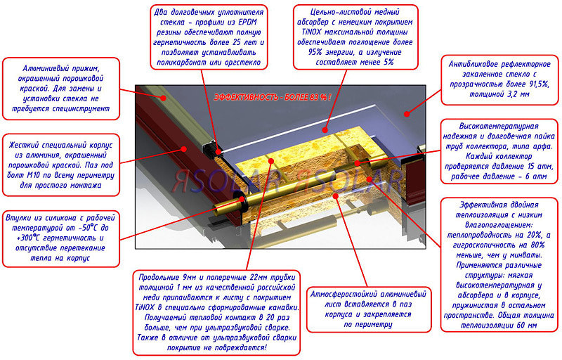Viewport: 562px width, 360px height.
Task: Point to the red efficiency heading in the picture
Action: tap(273, 97)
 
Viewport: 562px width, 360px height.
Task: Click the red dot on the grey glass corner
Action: tap(406, 114)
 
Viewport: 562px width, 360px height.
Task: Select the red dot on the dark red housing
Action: tap(184, 148)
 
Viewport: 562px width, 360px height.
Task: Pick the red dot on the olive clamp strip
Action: tap(163, 97)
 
